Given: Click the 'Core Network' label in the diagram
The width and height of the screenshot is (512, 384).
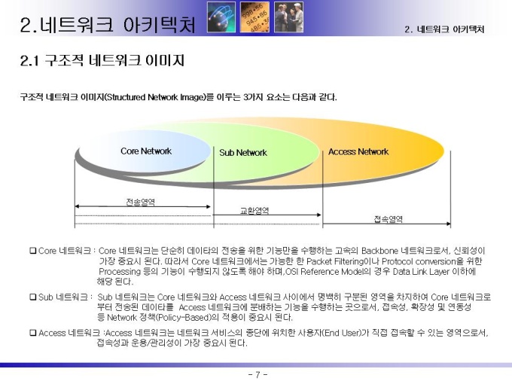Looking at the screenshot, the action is coord(146,151).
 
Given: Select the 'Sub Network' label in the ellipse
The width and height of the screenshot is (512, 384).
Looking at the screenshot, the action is coord(243,153).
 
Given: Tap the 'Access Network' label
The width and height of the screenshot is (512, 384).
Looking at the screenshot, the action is coord(358,151).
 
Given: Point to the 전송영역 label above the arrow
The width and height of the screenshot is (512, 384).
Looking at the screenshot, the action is coord(140,202).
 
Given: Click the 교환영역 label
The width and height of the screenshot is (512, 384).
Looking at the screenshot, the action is coord(254,211).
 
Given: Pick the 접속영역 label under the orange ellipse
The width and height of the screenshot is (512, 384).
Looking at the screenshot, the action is coord(389,219).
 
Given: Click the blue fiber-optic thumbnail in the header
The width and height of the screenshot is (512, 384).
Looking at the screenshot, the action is coord(221,17).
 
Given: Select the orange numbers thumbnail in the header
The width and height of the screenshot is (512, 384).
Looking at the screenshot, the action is coord(254,17).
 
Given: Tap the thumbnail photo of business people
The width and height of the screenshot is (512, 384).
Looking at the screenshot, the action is coord(288,17).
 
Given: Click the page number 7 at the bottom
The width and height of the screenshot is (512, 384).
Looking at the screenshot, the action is coord(258,374).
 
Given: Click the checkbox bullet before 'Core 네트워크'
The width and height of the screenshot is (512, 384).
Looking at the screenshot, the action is coord(33,251).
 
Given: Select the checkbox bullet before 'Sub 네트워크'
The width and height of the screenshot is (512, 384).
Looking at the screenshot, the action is coord(33,297).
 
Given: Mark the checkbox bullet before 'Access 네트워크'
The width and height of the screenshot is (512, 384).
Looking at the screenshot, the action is coord(33,333).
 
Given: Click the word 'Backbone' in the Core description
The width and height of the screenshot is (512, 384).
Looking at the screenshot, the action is coord(379,251).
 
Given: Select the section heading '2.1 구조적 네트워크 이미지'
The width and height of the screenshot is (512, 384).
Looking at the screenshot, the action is coord(102,60).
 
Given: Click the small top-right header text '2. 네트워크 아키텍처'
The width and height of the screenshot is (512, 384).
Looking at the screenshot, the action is coord(444,29).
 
